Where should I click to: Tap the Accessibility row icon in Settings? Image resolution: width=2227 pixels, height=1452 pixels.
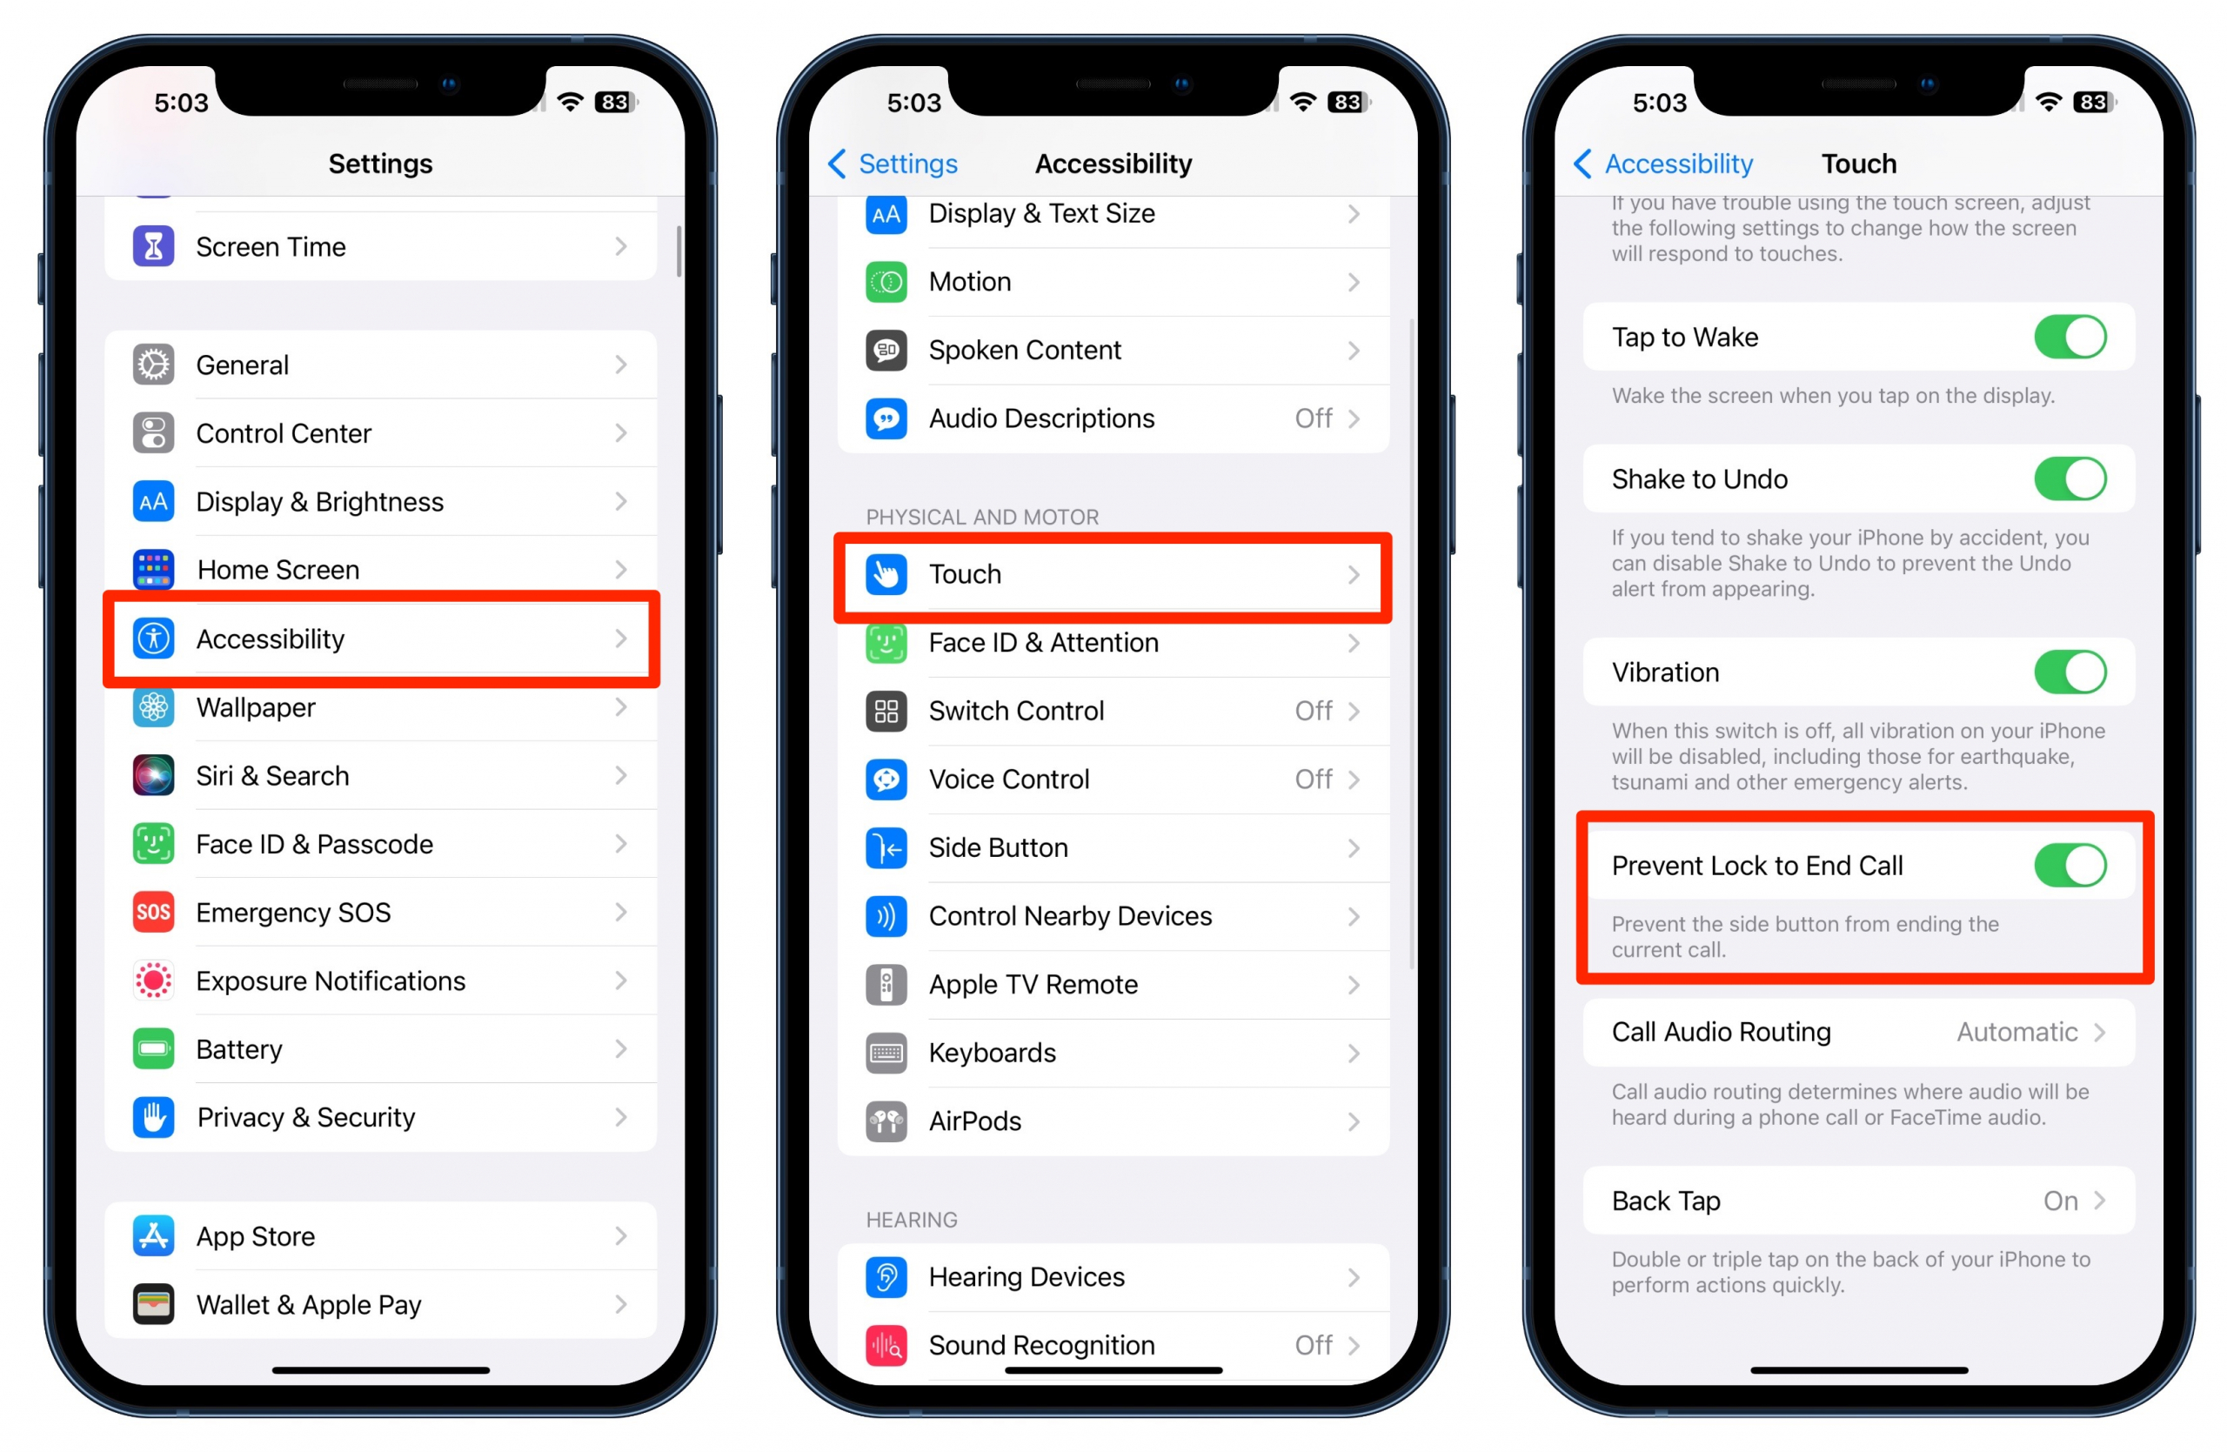[x=153, y=639]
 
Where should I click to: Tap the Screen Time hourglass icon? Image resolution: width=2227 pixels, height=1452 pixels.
[x=153, y=247]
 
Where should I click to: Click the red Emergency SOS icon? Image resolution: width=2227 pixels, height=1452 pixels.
[x=153, y=913]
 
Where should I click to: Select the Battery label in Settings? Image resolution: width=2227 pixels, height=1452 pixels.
[x=239, y=1050]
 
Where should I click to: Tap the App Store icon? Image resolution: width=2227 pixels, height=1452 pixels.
[x=153, y=1236]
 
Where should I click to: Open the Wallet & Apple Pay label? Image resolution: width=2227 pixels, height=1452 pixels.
[x=309, y=1305]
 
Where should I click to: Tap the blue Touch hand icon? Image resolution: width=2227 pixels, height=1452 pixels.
[x=886, y=574]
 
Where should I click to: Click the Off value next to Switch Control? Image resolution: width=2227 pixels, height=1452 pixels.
[x=1314, y=711]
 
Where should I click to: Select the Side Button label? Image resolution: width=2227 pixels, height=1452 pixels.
[x=999, y=847]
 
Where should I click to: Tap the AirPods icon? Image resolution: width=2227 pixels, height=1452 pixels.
[x=886, y=1121]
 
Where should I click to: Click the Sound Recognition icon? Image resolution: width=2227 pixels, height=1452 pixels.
[x=886, y=1345]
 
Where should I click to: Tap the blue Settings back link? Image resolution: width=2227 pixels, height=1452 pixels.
[x=893, y=164]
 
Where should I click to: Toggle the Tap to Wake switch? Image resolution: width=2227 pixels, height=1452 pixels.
[x=2070, y=337]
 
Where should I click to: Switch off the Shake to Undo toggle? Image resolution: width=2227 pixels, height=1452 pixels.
[x=2070, y=479]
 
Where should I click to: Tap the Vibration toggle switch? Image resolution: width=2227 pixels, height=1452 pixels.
[x=2070, y=672]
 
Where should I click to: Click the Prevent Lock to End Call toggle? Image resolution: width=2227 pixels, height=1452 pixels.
[x=2070, y=866]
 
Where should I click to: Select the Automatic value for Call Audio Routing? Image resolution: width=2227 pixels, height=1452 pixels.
[x=2016, y=1032]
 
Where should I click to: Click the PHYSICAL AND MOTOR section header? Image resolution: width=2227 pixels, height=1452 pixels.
[x=982, y=518]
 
